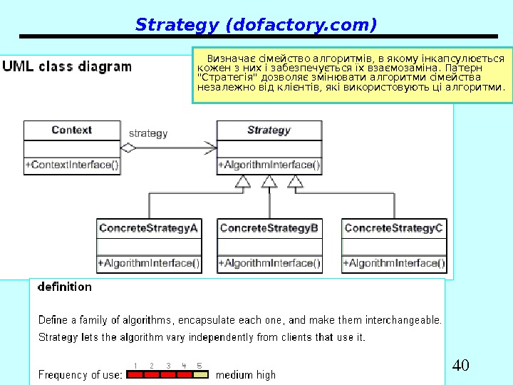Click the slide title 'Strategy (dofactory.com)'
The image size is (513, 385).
point(256,26)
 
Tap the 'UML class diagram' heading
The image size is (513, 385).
point(67,67)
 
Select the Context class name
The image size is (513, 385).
point(71,130)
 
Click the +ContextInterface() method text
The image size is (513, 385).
point(72,165)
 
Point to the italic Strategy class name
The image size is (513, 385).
point(269,130)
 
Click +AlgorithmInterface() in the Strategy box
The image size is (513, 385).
point(269,165)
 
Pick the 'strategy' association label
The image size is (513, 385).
point(148,133)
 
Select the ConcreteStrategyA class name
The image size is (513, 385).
point(148,228)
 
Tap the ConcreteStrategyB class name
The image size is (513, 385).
point(269,228)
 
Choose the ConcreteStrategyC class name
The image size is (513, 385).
point(394,228)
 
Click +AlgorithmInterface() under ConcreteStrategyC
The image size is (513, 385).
point(394,263)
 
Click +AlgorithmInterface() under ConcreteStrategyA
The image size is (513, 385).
point(148,263)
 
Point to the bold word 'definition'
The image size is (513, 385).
point(65,287)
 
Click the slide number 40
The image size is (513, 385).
point(461,366)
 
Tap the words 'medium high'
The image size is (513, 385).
point(246,374)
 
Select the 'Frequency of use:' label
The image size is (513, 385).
point(80,374)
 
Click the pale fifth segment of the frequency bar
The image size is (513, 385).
point(201,374)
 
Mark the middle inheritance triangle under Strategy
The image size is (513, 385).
point(269,183)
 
